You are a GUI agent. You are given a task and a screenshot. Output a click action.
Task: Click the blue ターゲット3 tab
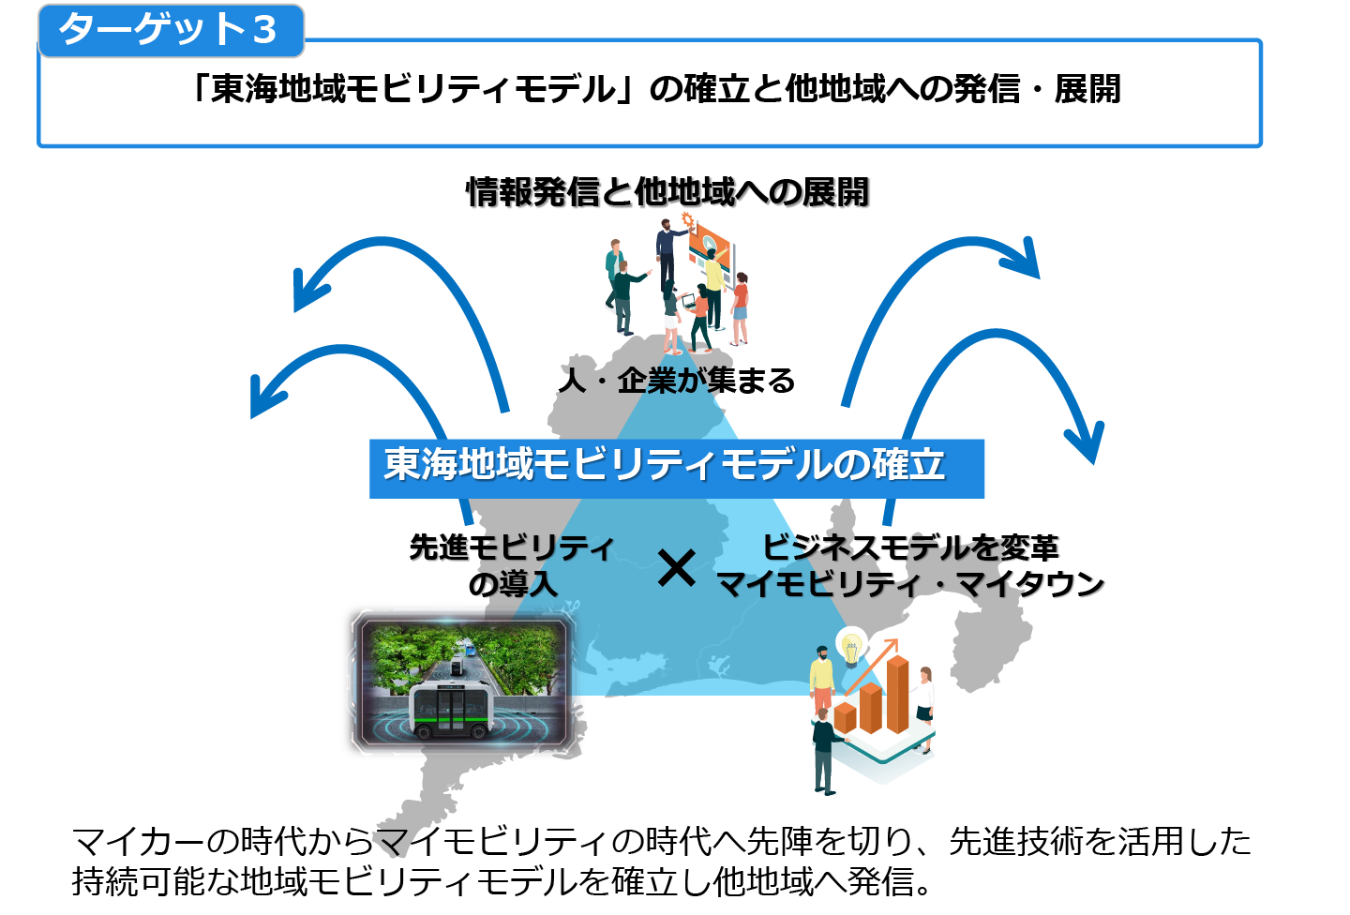[x=172, y=30]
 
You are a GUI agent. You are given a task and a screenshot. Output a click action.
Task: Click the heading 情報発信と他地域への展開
[x=667, y=192]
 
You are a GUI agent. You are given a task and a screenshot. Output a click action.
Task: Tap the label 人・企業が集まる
[x=677, y=381]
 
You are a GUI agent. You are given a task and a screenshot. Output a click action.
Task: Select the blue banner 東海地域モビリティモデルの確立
[x=677, y=469]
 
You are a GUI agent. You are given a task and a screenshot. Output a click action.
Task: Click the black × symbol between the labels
[x=676, y=568]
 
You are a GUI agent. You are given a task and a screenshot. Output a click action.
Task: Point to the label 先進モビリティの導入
[x=512, y=565]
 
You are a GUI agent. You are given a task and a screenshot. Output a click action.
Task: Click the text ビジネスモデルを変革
[x=910, y=547]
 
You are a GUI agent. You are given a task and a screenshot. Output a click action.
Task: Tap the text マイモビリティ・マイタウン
[x=910, y=584]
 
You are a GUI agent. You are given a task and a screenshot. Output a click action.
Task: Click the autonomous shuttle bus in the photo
[x=452, y=709]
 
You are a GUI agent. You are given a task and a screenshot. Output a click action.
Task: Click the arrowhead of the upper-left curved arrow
[x=308, y=291]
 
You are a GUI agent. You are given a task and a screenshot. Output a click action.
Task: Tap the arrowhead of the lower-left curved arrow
[x=265, y=397]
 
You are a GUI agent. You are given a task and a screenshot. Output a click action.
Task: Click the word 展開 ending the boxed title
[x=1087, y=89]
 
